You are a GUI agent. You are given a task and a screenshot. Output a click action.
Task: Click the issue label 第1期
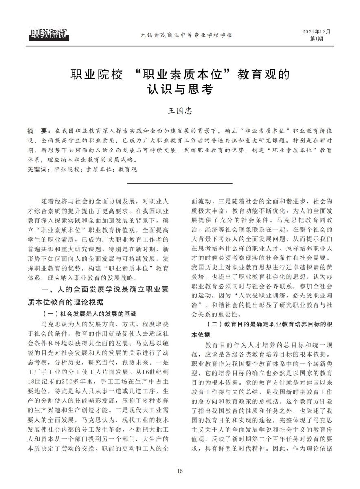tap(316, 39)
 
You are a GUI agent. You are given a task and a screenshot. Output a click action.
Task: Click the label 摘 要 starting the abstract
tap(37, 132)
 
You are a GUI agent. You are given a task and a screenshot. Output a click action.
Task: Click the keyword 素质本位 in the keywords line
tap(96, 169)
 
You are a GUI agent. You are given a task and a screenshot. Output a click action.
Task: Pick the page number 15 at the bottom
tap(180, 471)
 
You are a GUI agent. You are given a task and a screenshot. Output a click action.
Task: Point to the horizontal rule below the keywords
tap(180, 184)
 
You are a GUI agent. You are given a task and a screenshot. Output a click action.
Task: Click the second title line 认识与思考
tap(180, 88)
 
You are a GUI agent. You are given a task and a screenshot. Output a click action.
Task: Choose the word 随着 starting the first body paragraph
tap(48, 202)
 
